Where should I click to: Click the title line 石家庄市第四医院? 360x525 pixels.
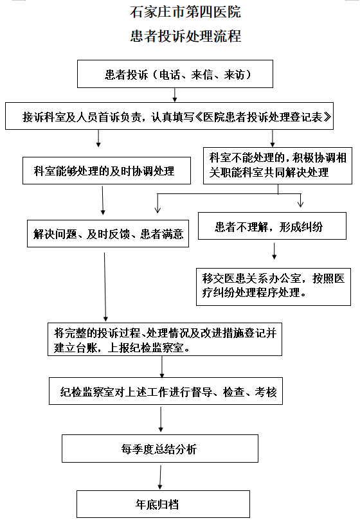(x=186, y=12)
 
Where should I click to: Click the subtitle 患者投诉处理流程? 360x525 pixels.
(x=186, y=36)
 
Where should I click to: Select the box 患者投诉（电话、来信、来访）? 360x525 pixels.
(x=175, y=74)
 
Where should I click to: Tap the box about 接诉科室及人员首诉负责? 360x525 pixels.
(x=170, y=116)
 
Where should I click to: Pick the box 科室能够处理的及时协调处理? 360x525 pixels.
(x=107, y=171)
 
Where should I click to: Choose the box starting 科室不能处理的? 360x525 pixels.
(x=278, y=166)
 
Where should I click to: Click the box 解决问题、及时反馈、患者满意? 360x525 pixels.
(x=108, y=233)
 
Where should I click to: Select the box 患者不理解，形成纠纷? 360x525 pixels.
(x=273, y=226)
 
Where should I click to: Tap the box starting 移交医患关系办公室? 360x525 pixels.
(x=274, y=287)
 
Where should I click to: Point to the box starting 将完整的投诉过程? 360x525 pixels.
(x=165, y=339)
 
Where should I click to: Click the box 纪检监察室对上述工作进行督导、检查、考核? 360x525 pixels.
(x=166, y=391)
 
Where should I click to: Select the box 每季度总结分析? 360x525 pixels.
(x=160, y=449)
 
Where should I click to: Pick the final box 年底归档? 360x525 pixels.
(x=163, y=504)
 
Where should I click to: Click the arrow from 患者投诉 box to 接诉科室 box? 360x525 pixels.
(x=174, y=94)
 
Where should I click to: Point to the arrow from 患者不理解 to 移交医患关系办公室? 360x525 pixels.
(x=274, y=251)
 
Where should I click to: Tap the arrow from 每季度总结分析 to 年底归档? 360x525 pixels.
(x=160, y=477)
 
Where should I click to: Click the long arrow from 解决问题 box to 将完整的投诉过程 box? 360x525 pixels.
(x=105, y=287)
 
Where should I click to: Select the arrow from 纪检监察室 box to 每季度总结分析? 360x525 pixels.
(x=161, y=419)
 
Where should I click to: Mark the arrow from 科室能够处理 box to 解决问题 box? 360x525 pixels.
(x=103, y=200)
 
